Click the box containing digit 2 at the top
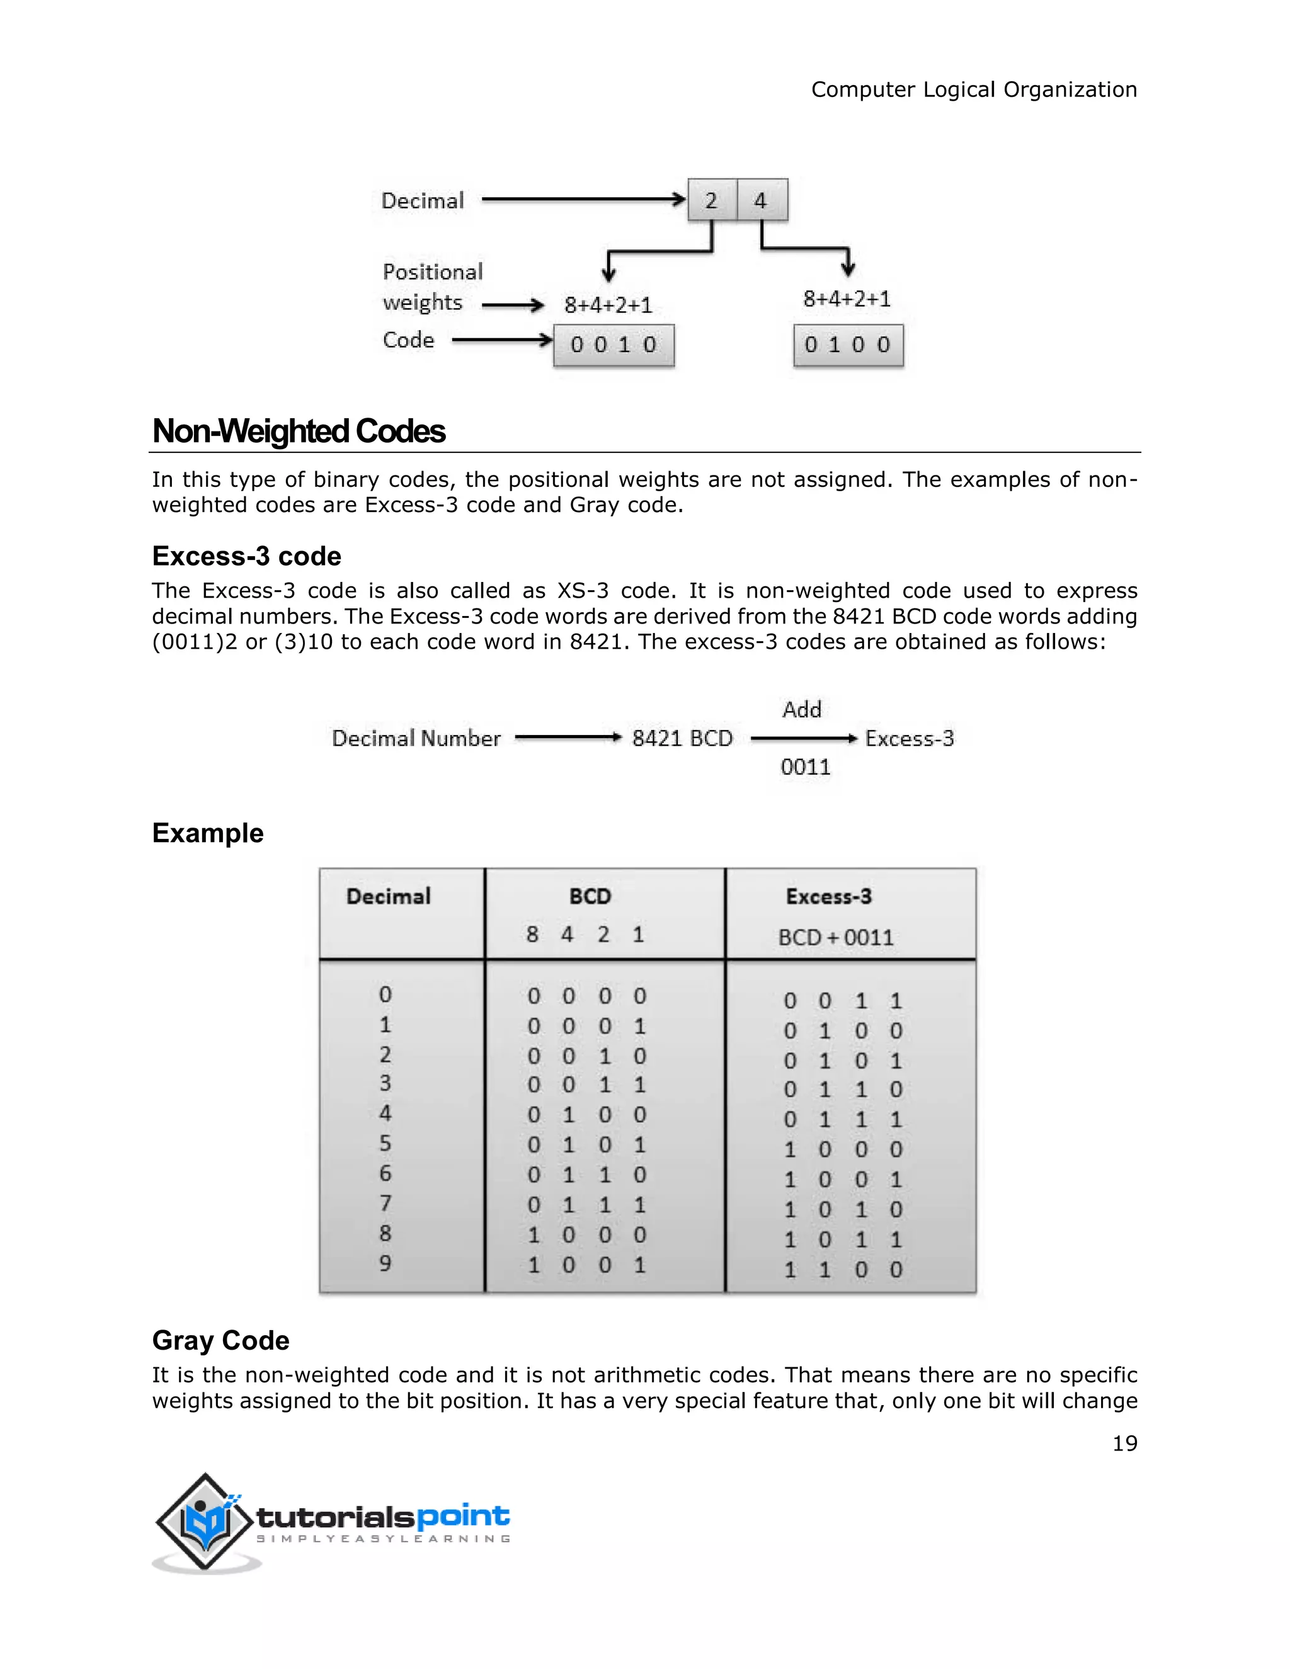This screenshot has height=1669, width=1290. [x=712, y=200]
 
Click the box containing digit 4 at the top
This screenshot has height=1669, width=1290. [x=761, y=200]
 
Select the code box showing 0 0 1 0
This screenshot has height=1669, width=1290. [x=614, y=345]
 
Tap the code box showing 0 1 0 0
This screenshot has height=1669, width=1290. [x=848, y=345]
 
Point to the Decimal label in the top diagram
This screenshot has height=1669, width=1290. [x=423, y=201]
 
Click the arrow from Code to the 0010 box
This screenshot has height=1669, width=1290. [x=501, y=340]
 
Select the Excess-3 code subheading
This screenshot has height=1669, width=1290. [x=246, y=555]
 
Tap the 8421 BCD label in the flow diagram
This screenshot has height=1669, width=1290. [x=682, y=738]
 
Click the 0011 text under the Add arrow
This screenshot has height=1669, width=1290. [x=805, y=766]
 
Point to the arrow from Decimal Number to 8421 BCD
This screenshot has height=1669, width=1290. [x=567, y=738]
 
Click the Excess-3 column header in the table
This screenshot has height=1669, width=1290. [x=828, y=896]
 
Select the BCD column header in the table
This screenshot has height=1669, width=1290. [x=590, y=896]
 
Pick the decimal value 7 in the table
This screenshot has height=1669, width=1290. [x=385, y=1204]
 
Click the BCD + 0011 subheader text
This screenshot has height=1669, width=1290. [x=835, y=938]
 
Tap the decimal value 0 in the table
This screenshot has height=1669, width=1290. [x=385, y=994]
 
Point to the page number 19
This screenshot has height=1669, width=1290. [x=1124, y=1444]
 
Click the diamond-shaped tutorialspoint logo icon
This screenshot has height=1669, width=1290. [x=205, y=1522]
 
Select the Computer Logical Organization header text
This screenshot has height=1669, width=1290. [x=974, y=89]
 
